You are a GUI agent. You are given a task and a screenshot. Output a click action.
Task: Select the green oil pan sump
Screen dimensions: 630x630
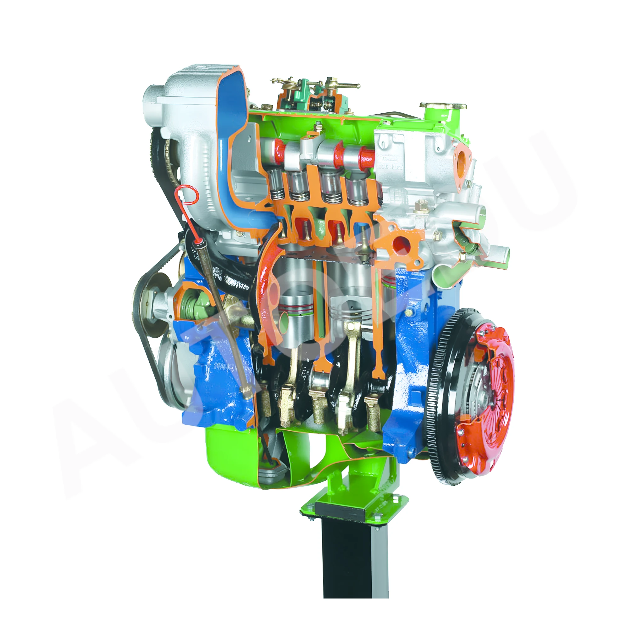tap(228, 456)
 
